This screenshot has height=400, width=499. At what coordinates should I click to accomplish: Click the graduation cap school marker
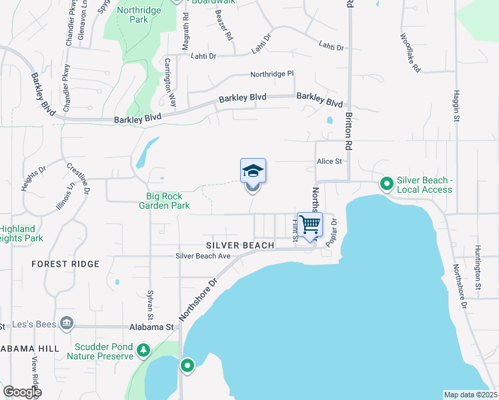(253, 171)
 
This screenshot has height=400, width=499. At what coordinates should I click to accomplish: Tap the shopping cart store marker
(310, 225)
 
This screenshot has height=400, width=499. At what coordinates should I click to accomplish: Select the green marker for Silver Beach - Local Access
(386, 183)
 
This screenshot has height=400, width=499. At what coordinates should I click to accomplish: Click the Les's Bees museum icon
(66, 323)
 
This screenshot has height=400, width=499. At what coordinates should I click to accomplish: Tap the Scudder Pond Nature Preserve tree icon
(143, 350)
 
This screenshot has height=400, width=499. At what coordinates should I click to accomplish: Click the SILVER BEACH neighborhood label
(235, 245)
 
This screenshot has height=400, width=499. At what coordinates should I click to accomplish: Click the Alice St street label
(329, 161)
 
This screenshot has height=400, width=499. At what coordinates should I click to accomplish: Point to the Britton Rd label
(348, 131)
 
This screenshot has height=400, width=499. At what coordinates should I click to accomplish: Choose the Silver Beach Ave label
(203, 256)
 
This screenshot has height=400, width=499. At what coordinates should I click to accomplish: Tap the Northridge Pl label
(272, 74)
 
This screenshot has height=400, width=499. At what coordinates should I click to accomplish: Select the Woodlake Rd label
(410, 53)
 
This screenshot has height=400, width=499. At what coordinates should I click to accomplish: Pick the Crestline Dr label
(78, 177)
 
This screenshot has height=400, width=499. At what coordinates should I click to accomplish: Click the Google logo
(22, 392)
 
